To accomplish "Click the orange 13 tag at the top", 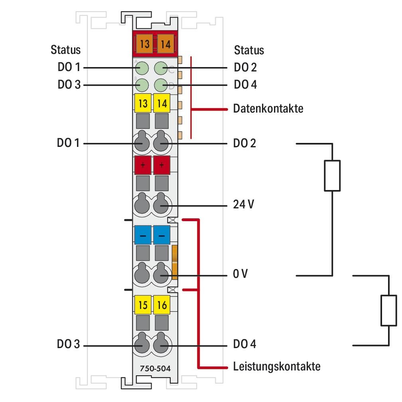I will (144, 44).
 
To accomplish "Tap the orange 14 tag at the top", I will (166, 44).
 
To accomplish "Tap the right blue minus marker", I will (162, 235).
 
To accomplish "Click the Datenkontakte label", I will (268, 109).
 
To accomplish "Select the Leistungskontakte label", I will (276, 366).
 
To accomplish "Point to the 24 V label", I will (244, 205).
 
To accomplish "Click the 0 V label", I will (241, 275).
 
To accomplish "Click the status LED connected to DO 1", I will (142, 67).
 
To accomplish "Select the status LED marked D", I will (161, 85).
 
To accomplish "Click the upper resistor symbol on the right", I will (332, 176).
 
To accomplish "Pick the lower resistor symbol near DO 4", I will (388, 311).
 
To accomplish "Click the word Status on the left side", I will (65, 50).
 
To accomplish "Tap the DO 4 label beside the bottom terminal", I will (245, 345).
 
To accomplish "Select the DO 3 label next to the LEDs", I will (69, 85).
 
